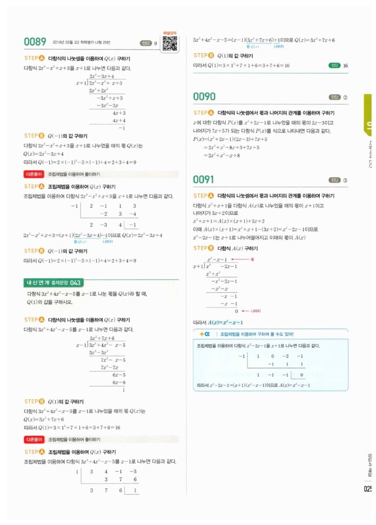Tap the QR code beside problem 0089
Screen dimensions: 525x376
(x=169, y=44)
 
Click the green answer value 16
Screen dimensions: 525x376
(x=345, y=66)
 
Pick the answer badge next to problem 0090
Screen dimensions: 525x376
(x=339, y=97)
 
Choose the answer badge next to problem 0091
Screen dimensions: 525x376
(x=339, y=180)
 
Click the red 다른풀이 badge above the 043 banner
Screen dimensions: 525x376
(x=34, y=174)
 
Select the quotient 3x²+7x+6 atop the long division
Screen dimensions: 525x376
(x=102, y=338)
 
